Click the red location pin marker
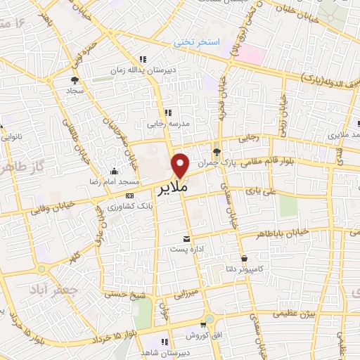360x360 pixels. click(x=181, y=164)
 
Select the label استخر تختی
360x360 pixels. click(x=198, y=42)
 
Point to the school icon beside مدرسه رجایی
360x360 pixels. click(x=167, y=112)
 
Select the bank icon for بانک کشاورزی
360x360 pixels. click(x=129, y=195)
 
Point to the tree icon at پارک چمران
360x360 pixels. click(x=216, y=150)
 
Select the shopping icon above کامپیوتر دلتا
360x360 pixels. click(x=244, y=258)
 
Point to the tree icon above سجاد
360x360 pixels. click(x=75, y=80)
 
